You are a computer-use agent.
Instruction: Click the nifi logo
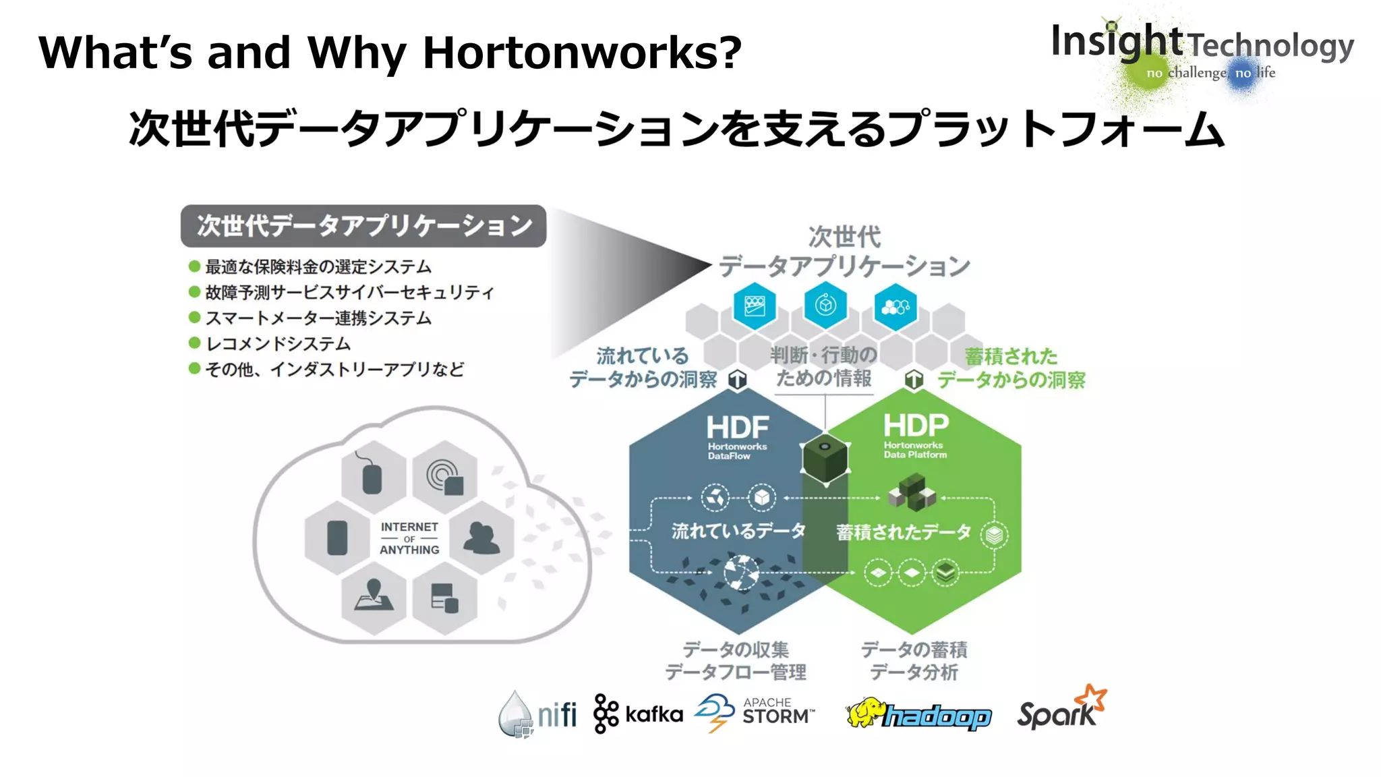(x=538, y=714)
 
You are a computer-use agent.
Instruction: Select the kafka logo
(x=638, y=714)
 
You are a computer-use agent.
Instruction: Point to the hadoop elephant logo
(x=918, y=714)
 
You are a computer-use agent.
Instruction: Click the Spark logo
(x=1061, y=710)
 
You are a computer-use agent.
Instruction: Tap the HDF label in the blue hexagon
(x=737, y=428)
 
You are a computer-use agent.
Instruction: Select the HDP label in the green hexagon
(x=916, y=426)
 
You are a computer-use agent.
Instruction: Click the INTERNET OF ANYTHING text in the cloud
(x=409, y=538)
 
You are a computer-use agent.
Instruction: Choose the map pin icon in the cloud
(x=374, y=595)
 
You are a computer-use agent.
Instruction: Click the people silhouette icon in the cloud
(x=481, y=538)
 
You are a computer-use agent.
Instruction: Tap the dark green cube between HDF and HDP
(x=825, y=459)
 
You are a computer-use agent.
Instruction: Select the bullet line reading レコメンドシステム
(x=278, y=344)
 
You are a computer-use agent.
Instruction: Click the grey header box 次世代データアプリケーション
(x=363, y=226)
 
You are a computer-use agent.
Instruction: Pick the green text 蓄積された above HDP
(x=1011, y=355)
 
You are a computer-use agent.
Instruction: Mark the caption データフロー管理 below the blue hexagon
(x=736, y=672)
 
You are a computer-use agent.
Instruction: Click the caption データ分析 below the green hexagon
(x=914, y=672)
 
